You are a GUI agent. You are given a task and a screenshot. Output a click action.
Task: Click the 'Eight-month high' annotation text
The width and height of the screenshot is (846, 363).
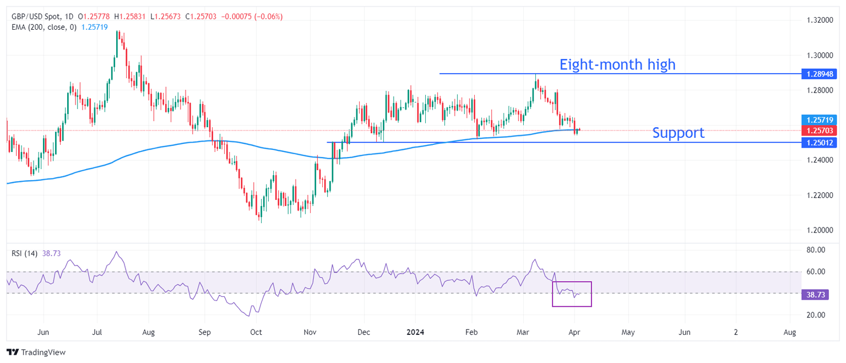[617, 64]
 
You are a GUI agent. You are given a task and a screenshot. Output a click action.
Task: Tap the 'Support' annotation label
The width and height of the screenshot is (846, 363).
[678, 133]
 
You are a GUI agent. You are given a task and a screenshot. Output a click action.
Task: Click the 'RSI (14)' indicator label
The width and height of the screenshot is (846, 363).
[25, 253]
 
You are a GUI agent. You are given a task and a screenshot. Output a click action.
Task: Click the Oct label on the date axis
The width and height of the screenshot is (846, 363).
[256, 333]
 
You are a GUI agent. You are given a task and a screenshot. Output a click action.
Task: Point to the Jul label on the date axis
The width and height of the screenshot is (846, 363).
[97, 333]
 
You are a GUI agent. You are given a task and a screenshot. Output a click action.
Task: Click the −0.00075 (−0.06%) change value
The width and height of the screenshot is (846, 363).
[252, 17]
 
